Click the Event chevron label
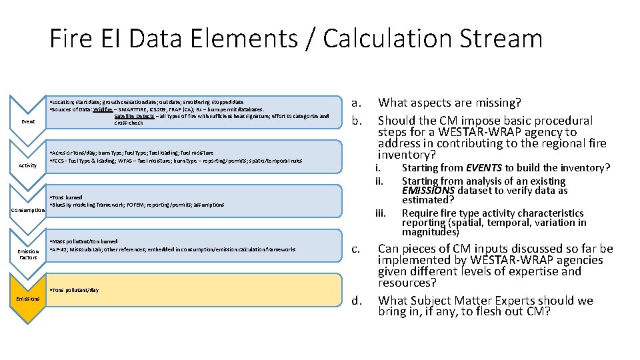click(28, 121)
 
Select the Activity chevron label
click(28, 165)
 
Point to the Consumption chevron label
click(28, 210)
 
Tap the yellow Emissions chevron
click(28, 299)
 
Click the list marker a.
click(357, 103)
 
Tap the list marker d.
click(357, 301)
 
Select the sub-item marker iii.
click(381, 213)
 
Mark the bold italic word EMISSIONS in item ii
click(429, 191)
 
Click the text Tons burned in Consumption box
click(67, 198)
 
